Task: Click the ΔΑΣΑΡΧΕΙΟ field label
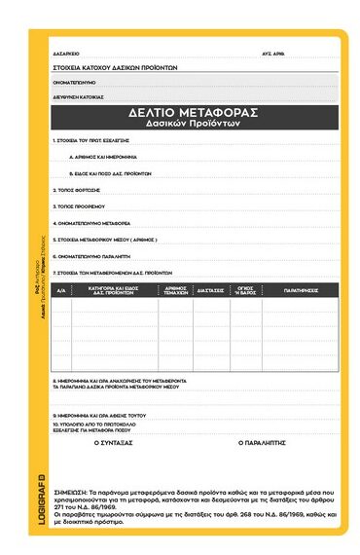66,54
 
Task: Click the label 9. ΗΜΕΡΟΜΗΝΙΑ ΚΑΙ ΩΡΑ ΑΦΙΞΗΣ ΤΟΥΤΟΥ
99,414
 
